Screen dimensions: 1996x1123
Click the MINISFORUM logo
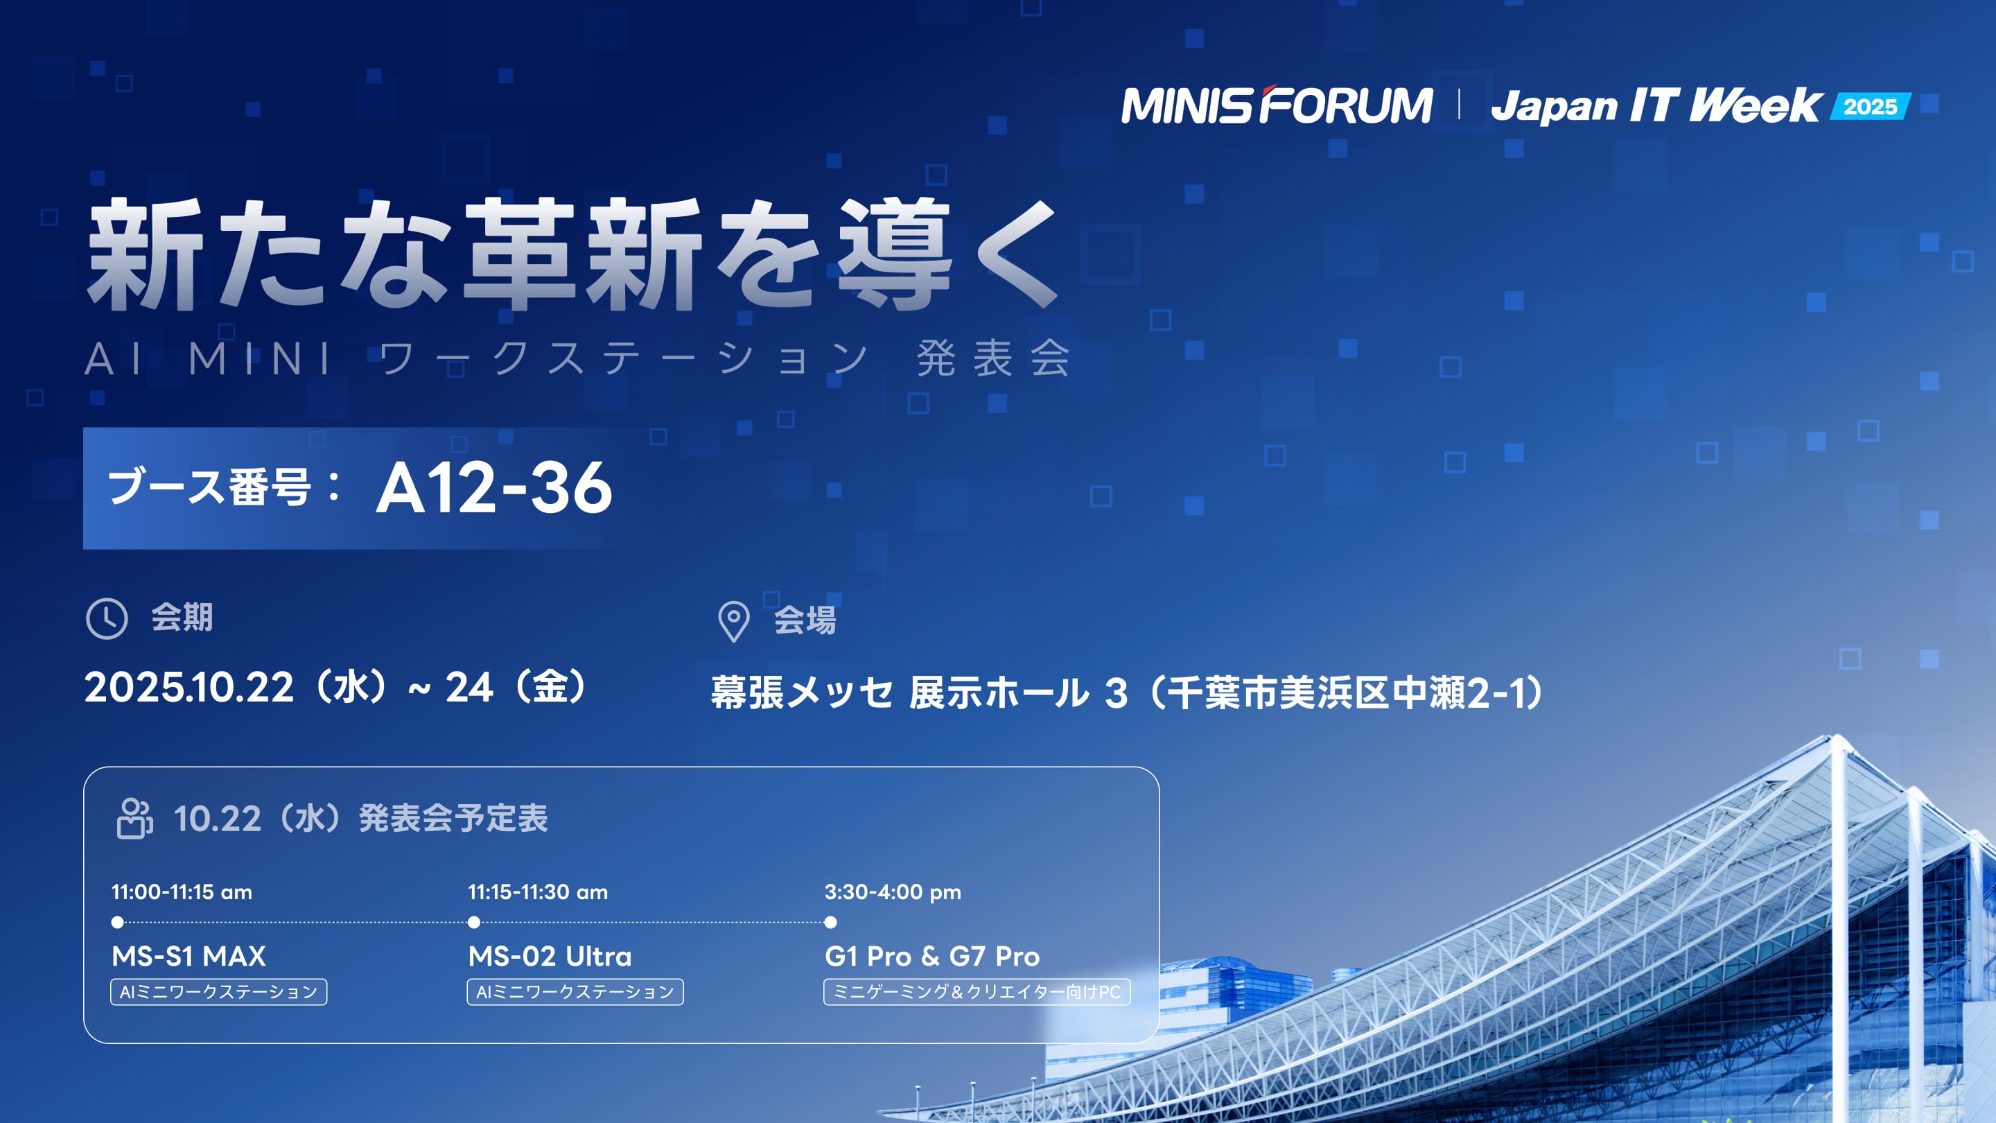1277,105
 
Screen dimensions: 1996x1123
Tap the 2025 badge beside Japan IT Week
1871,106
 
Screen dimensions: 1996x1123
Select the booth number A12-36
494,487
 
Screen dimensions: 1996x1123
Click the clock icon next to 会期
106,618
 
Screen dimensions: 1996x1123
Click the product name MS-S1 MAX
189,957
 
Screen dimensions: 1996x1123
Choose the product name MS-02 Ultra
550,957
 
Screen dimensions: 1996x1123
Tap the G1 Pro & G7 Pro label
932,957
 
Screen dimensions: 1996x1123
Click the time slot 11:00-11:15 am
182,892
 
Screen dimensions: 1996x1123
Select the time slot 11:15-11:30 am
538,892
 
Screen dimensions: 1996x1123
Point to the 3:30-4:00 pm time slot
893,892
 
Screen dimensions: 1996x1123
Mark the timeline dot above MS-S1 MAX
118,922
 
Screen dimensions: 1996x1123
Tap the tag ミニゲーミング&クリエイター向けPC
977,992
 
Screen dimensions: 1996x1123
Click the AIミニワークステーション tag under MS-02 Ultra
575,992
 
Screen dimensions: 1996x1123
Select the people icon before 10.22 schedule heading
135,819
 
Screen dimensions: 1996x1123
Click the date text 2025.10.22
189,688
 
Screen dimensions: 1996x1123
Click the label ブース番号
209,487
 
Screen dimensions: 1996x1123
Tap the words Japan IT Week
1656,107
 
